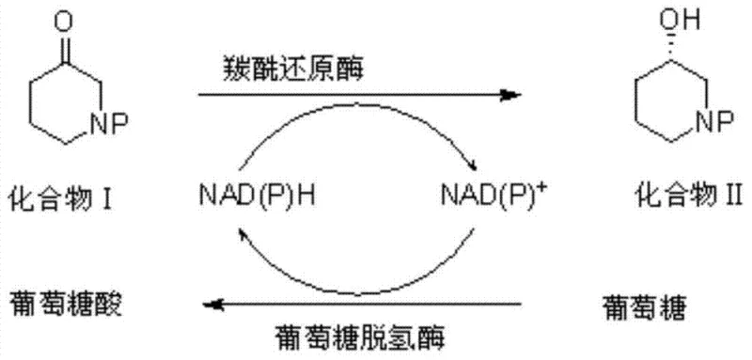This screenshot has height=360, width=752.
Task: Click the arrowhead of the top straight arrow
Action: click(x=512, y=95)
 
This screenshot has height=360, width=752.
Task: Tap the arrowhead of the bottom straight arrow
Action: click(x=215, y=304)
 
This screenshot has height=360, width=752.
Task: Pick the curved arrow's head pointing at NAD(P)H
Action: click(x=243, y=232)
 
